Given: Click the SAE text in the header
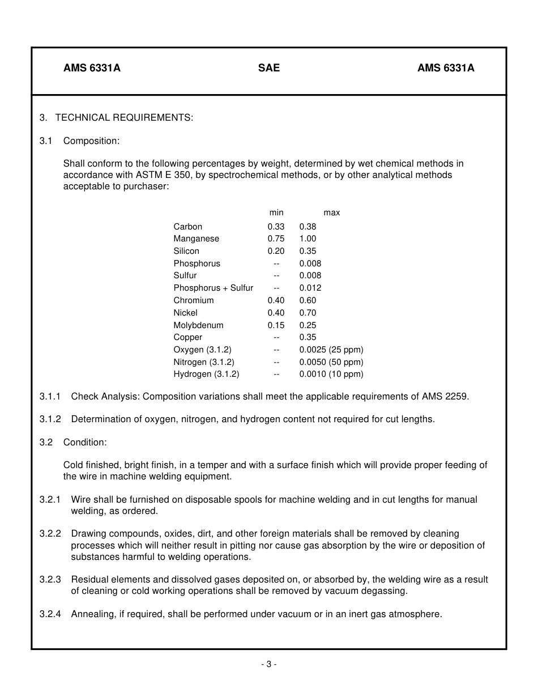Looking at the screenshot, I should pyautogui.click(x=269, y=68).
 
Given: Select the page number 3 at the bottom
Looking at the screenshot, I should pyautogui.click(x=269, y=664).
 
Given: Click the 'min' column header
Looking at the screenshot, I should pyautogui.click(x=276, y=212).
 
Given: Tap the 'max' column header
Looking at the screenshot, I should pyautogui.click(x=332, y=212).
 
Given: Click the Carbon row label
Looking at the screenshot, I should pyautogui.click(x=187, y=227).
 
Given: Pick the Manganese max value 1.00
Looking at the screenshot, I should pyautogui.click(x=308, y=239).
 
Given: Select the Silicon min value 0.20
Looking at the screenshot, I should pyautogui.click(x=276, y=251).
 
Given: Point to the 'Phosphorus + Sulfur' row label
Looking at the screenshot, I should pyautogui.click(x=214, y=288).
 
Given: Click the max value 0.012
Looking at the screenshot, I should pyautogui.click(x=310, y=288).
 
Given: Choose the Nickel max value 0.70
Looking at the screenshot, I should pyautogui.click(x=308, y=313).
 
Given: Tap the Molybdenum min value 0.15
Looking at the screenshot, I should pyautogui.click(x=276, y=325).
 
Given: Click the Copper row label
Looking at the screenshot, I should pyautogui.click(x=187, y=337).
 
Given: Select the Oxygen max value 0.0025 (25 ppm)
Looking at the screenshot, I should pyautogui.click(x=331, y=350).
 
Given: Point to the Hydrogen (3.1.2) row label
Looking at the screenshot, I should pyautogui.click(x=206, y=374).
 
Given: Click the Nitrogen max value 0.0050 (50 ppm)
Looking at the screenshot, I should pyautogui.click(x=331, y=362).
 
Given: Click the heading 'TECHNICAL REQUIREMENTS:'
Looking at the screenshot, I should pyautogui.click(x=124, y=117).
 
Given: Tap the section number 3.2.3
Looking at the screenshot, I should pyautogui.click(x=50, y=580).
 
